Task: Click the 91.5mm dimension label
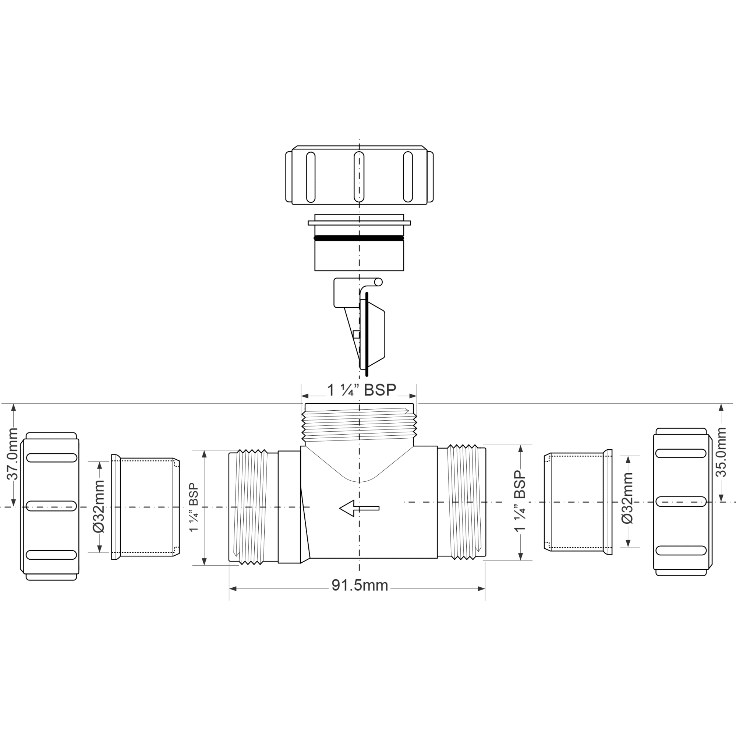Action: (x=359, y=585)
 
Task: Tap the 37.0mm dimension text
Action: (x=13, y=454)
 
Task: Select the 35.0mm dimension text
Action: (x=721, y=452)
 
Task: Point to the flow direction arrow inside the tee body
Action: (x=359, y=508)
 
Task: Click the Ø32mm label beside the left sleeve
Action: (x=99, y=506)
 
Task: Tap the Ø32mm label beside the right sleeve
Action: (x=627, y=498)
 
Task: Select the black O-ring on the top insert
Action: (x=359, y=238)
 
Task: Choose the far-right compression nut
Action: (x=682, y=502)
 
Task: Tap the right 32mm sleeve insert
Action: (x=577, y=502)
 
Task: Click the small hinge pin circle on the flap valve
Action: (x=378, y=282)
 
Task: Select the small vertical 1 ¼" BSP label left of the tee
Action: (x=194, y=507)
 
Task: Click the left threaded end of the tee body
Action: (x=251, y=507)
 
